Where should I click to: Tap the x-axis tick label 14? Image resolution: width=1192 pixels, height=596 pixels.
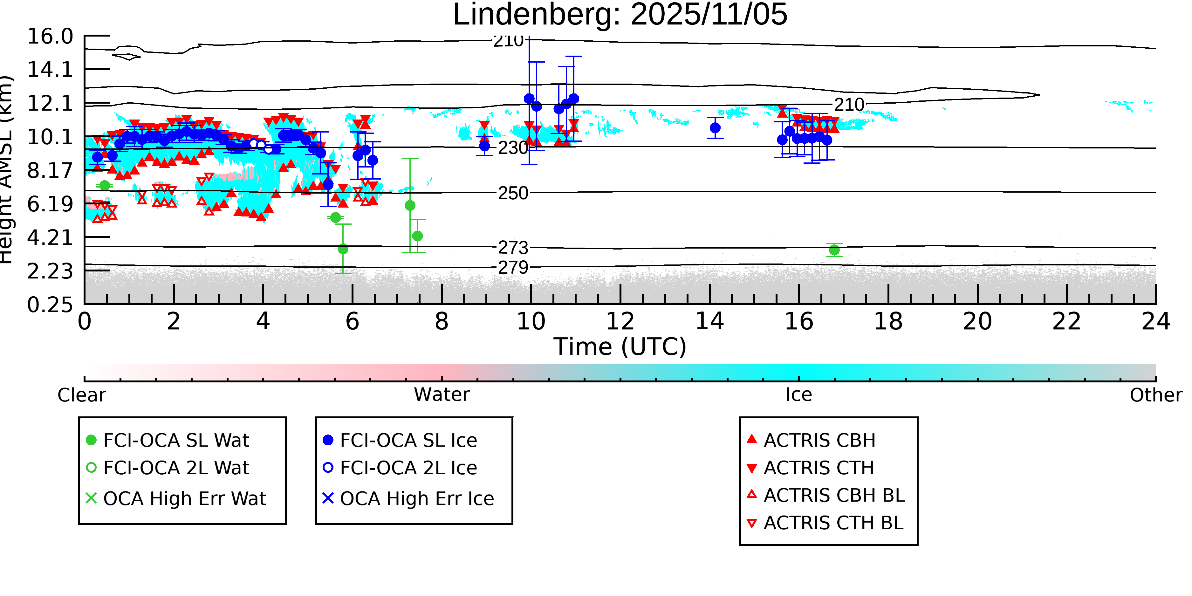[709, 321]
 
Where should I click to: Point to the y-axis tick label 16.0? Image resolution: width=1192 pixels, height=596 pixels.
[50, 37]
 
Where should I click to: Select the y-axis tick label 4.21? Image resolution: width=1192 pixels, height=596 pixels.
[50, 238]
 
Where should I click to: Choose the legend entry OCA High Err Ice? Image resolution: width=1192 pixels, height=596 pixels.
[416, 499]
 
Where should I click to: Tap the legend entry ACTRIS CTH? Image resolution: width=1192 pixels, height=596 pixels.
[819, 468]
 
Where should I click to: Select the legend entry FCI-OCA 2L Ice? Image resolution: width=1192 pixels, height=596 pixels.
[408, 468]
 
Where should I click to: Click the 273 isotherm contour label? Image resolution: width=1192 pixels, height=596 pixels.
[513, 248]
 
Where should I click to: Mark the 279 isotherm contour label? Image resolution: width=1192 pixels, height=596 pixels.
[513, 267]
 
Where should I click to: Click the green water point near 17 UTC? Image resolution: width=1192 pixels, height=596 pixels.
[834, 250]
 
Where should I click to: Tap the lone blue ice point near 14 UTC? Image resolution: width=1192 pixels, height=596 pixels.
[715, 128]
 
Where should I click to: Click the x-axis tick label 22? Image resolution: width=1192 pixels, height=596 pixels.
[1066, 321]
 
